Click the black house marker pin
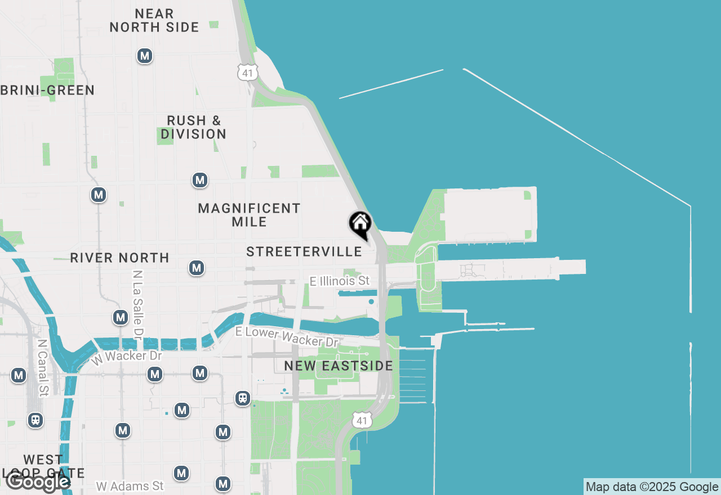(360, 224)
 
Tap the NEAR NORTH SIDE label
(154, 20)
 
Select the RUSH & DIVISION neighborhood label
(193, 127)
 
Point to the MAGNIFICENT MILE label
(249, 215)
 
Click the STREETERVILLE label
(304, 251)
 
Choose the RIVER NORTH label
(119, 258)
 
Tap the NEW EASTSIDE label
(338, 366)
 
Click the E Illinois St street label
(340, 280)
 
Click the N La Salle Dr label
(137, 304)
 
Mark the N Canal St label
(42, 366)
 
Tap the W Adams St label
(130, 485)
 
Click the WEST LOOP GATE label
(43, 466)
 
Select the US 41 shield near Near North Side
(248, 71)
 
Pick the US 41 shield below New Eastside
(362, 420)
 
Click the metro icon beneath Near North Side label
(145, 56)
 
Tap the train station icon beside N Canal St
(35, 420)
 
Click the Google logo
(37, 481)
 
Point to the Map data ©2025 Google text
(652, 487)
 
